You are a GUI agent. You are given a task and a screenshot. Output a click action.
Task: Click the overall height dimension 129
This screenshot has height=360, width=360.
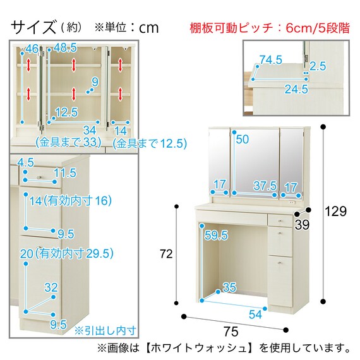335,211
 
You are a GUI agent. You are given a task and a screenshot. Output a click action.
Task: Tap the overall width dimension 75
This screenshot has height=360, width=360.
231,332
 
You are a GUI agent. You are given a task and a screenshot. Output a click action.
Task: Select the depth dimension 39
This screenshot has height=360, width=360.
302,225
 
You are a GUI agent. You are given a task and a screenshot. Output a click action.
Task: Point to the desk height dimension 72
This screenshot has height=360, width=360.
167,254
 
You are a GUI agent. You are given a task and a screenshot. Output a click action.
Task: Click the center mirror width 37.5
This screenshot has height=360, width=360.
265,186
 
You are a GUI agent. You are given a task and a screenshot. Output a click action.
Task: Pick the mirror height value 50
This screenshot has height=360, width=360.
243,139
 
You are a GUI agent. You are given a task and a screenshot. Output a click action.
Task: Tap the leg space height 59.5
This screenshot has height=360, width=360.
216,235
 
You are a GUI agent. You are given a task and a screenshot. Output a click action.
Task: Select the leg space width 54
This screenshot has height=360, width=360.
255,314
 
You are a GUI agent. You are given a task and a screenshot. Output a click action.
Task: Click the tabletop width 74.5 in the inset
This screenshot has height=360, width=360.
271,60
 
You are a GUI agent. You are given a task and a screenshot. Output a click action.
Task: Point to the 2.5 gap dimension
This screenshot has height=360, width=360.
318,66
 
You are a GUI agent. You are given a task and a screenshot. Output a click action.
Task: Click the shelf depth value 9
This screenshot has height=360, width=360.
95,82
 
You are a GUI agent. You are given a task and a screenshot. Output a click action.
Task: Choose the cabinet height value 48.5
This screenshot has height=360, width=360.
65,48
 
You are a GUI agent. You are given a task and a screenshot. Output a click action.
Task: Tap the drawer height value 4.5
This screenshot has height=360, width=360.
25,162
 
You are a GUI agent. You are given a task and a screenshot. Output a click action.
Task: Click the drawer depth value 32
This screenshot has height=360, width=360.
51,287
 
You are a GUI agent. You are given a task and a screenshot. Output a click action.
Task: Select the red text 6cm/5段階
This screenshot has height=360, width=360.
318,28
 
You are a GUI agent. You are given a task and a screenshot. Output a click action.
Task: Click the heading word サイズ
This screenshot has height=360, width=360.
33,27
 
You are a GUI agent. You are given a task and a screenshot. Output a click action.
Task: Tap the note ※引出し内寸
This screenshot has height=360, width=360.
105,331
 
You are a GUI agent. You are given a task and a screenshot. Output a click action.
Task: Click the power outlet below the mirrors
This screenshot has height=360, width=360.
292,203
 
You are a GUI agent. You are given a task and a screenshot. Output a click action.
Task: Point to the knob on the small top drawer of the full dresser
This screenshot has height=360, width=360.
280,221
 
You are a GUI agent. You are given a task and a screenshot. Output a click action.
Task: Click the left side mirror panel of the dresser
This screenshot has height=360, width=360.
219,162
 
